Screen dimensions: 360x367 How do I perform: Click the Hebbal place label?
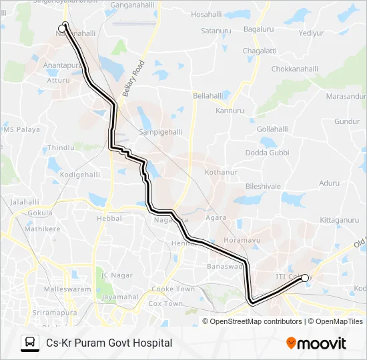(109, 218)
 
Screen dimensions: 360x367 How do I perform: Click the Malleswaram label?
(67, 289)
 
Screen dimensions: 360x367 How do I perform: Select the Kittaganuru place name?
(339, 219)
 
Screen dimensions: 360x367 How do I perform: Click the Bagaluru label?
(259, 30)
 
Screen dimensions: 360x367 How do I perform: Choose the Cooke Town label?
(172, 289)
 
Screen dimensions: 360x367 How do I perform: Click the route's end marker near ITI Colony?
(305, 278)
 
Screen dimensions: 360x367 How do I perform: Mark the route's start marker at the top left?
(63, 29)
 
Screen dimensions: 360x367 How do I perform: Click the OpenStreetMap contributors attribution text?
(256, 321)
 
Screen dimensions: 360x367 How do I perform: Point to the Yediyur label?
(311, 33)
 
